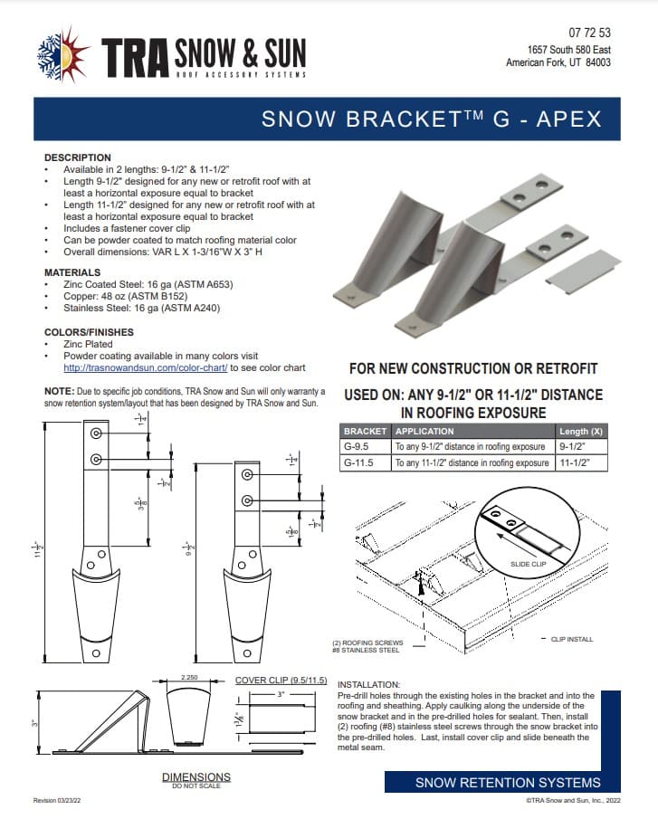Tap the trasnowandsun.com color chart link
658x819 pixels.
point(146,368)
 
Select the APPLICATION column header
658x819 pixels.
point(425,431)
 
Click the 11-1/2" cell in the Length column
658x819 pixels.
point(578,462)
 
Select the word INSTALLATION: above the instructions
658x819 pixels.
point(369,684)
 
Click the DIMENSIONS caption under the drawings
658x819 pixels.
point(195,776)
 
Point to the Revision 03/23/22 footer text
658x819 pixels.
point(62,801)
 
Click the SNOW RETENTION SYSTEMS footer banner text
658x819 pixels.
point(507,782)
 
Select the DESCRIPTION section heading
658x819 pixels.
point(78,157)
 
